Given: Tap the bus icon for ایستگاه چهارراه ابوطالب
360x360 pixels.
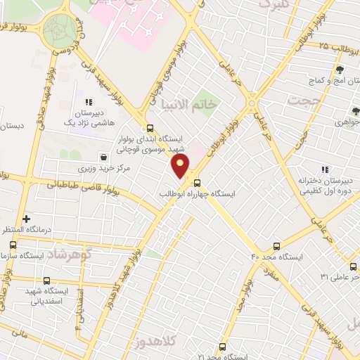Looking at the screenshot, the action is point(196,183).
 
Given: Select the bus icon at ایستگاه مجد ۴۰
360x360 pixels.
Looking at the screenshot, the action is point(276,247).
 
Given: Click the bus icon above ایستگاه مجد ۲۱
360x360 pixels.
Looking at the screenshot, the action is point(222,347).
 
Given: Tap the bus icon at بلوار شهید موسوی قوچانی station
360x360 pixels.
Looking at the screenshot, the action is point(149,128).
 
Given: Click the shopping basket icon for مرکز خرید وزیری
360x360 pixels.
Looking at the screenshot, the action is point(104,157).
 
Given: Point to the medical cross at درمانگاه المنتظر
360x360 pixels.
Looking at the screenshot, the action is point(27,219).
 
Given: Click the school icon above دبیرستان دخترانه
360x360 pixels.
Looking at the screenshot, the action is point(324,169).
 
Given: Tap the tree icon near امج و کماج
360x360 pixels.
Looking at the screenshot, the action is point(340,70).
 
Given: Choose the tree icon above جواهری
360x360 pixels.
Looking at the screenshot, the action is point(355,110).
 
